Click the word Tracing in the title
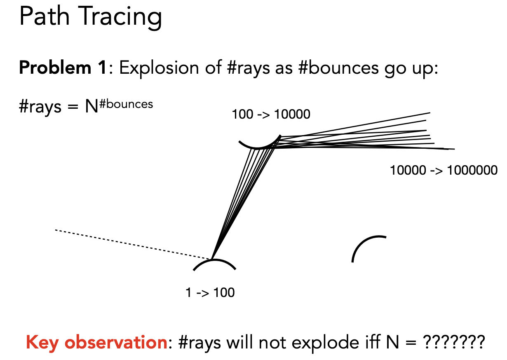point(120,18)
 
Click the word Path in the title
point(45,15)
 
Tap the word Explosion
point(159,68)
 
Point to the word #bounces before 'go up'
point(338,68)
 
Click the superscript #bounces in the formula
point(126,104)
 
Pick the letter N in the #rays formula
point(92,107)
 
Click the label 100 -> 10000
point(271,114)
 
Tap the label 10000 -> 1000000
point(444,170)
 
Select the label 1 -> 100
point(210,292)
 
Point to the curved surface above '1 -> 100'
point(214,260)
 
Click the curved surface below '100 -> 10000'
point(257,148)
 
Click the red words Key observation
point(96,343)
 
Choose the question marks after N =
point(454,342)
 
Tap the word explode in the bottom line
point(325,343)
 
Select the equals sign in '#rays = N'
point(73,107)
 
